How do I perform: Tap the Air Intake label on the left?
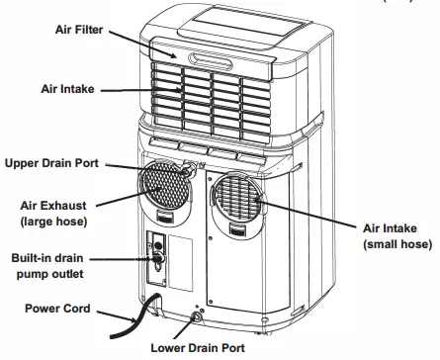66,89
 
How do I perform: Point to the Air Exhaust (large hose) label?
54,214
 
